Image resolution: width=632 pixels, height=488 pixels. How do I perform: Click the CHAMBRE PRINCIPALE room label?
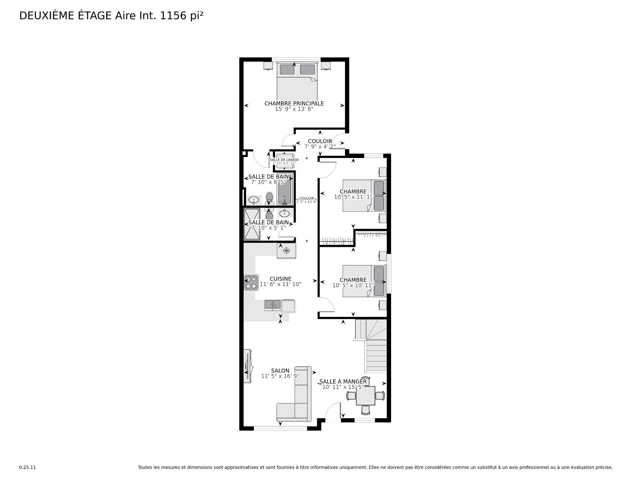point(294,103)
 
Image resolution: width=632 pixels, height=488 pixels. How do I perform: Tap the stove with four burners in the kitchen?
point(251,283)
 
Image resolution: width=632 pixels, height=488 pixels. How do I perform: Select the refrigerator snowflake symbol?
point(286,251)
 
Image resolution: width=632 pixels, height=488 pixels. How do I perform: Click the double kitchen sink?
point(273,305)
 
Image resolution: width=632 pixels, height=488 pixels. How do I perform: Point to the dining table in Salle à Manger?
point(365,396)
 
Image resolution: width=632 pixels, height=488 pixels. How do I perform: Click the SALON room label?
point(280,371)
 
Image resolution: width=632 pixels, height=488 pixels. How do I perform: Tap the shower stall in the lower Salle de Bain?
point(252,224)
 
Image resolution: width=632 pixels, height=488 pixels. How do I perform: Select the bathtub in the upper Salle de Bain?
point(285,193)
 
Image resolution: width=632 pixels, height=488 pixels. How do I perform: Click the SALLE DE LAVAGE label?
point(284,160)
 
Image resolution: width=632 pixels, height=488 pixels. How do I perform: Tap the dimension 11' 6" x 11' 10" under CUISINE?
point(280,284)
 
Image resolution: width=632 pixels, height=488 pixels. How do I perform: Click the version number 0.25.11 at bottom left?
point(27,467)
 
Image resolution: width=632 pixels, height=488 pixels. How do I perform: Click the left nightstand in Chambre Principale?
point(268,65)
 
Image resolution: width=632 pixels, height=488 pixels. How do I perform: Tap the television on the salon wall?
point(248,366)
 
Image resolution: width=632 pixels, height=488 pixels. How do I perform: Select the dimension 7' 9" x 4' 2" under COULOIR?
point(320,146)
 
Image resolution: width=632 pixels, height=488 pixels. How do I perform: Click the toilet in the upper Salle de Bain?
point(270,198)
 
